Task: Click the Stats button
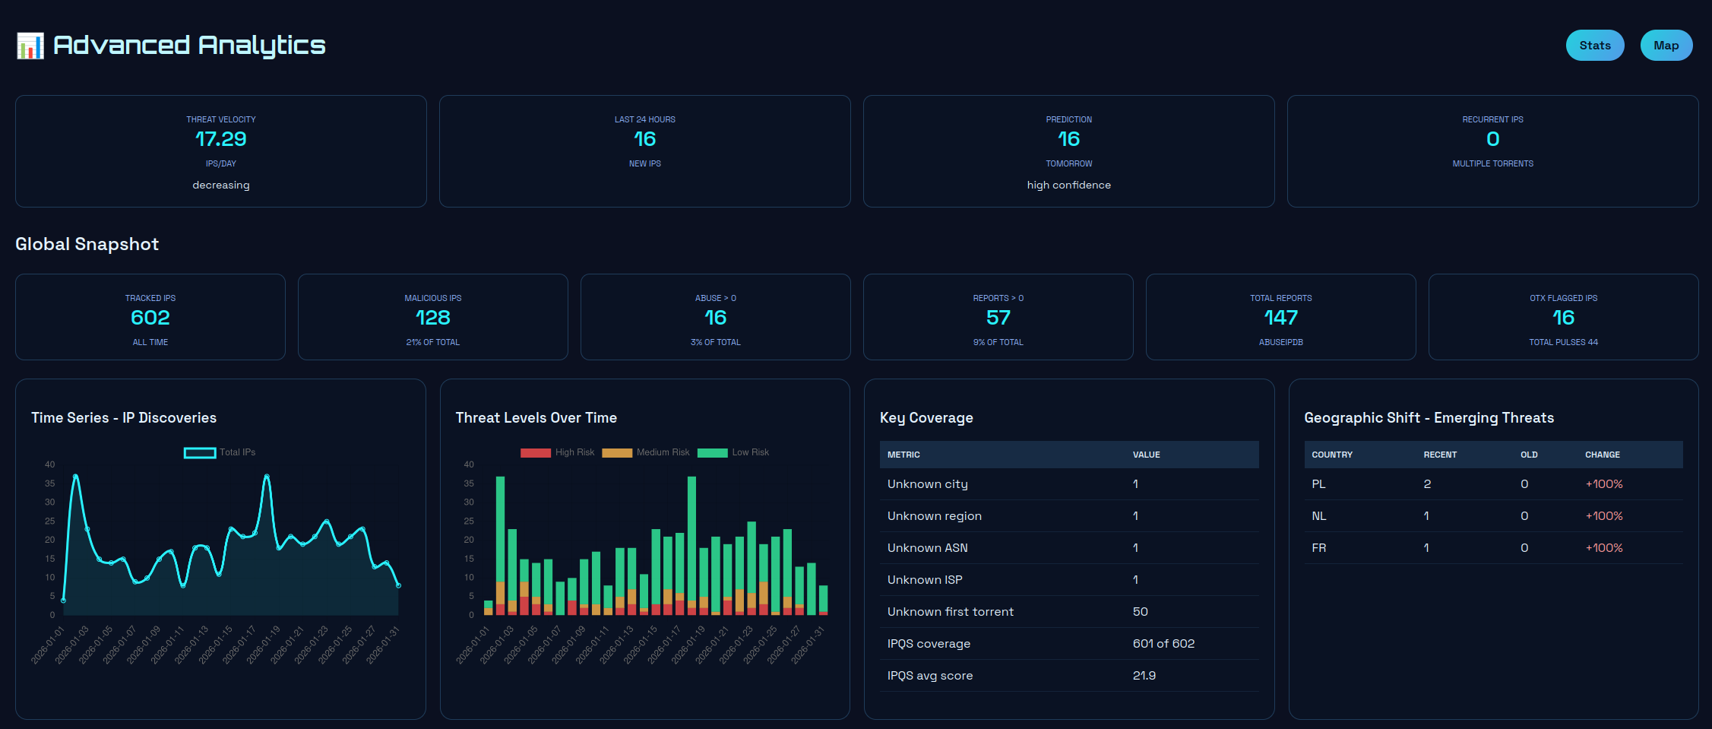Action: [1594, 46]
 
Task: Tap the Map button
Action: [1666, 46]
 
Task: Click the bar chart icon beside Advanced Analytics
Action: [30, 46]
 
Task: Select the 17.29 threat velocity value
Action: [220, 139]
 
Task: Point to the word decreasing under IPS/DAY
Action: [220, 185]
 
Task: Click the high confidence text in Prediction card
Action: [1068, 185]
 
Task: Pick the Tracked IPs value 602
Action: [150, 318]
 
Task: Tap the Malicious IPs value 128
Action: [432, 318]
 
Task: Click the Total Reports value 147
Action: [1280, 318]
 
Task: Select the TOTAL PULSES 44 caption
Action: [1563, 342]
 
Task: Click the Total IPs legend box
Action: [200, 452]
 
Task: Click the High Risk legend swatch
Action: [536, 452]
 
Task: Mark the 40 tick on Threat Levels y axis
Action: [469, 464]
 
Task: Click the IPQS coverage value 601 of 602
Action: [1163, 644]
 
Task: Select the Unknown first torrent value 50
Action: [1140, 612]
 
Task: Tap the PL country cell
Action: [1318, 484]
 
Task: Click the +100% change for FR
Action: [1603, 548]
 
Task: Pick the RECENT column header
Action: [1440, 455]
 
